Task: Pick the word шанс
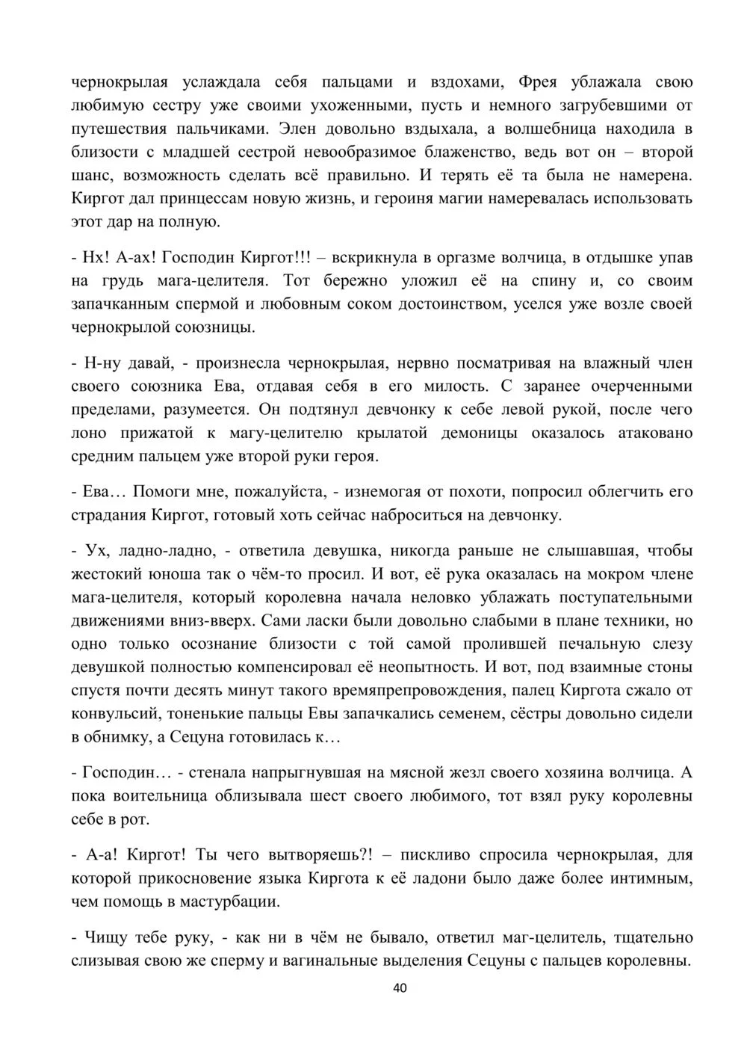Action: click(93, 176)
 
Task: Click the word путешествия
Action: click(120, 129)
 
